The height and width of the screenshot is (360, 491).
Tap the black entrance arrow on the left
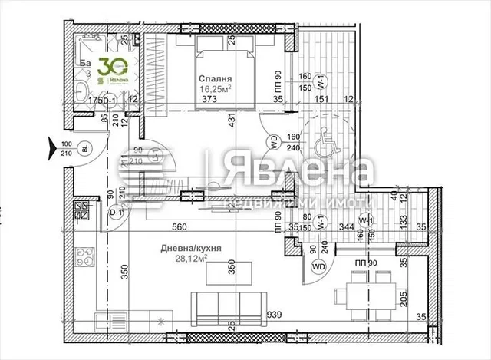click(51, 143)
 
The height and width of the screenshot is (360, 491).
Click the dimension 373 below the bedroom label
click(209, 98)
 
